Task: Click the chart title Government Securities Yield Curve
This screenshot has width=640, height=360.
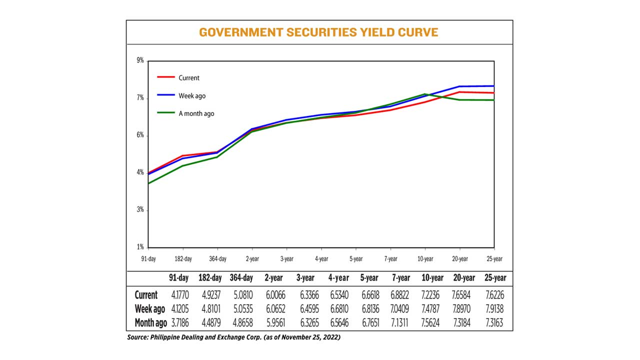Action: [x=318, y=32]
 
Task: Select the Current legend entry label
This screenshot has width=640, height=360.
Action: [x=189, y=78]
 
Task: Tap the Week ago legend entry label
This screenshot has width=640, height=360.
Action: [x=192, y=96]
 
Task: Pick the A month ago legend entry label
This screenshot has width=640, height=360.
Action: [x=196, y=114]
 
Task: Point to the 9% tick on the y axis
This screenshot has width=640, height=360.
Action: [x=140, y=60]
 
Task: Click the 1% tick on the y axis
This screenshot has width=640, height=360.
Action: [x=140, y=247]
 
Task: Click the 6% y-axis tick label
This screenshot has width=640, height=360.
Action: [x=140, y=135]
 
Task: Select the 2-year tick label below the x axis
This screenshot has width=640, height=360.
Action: [x=251, y=259]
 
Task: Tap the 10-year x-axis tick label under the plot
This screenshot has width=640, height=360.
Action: [x=425, y=259]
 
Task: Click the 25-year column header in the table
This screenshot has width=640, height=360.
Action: [x=495, y=278]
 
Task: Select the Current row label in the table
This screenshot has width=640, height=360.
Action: [x=146, y=295]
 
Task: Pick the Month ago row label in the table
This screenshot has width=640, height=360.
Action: [x=151, y=323]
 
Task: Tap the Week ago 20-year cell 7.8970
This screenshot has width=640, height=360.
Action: [x=463, y=309]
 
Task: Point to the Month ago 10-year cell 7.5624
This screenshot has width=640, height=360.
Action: [x=429, y=323]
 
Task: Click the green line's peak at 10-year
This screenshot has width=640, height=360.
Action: [x=425, y=94]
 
